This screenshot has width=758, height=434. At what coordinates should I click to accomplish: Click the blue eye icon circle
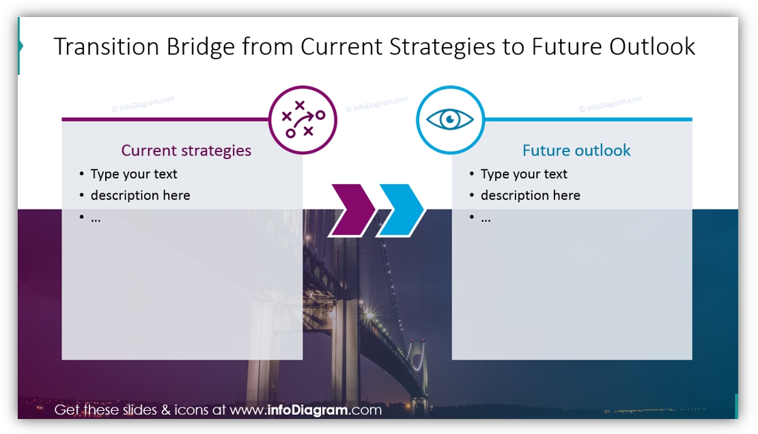click(x=450, y=119)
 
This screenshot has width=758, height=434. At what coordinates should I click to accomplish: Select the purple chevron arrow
click(x=352, y=210)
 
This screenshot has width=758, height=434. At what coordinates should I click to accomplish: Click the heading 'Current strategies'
click(x=186, y=150)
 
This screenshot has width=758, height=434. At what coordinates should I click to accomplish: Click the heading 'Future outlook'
click(x=576, y=150)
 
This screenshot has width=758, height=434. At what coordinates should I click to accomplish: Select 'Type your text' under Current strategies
click(x=134, y=174)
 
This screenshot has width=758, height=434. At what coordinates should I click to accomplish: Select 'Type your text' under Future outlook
click(x=524, y=174)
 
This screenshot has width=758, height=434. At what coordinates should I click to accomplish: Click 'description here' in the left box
click(x=140, y=195)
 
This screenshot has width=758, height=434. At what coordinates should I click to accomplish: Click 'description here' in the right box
click(x=530, y=195)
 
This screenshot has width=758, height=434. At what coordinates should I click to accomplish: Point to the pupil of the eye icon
click(x=450, y=119)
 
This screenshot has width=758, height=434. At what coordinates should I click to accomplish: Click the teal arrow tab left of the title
click(x=20, y=46)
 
